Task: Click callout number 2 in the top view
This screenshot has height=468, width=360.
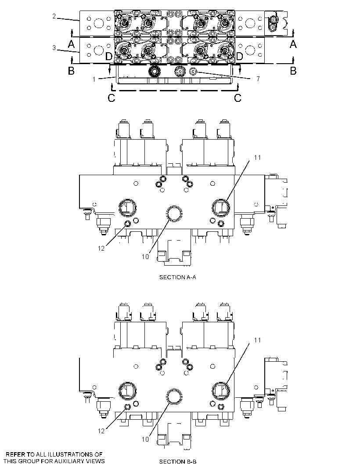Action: tap(54, 16)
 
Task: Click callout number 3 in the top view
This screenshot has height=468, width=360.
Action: tap(54, 48)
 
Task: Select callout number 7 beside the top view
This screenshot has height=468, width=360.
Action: tap(258, 79)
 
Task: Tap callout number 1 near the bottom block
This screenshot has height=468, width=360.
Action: tap(94, 79)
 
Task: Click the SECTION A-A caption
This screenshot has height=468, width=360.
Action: tap(178, 277)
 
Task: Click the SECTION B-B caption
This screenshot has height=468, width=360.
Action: tap(178, 462)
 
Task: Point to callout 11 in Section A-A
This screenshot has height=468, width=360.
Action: tap(257, 157)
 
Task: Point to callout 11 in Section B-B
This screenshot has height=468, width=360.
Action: tap(257, 340)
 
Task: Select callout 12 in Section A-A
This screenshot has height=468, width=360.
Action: tap(101, 248)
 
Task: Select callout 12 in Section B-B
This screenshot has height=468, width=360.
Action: tap(101, 431)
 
